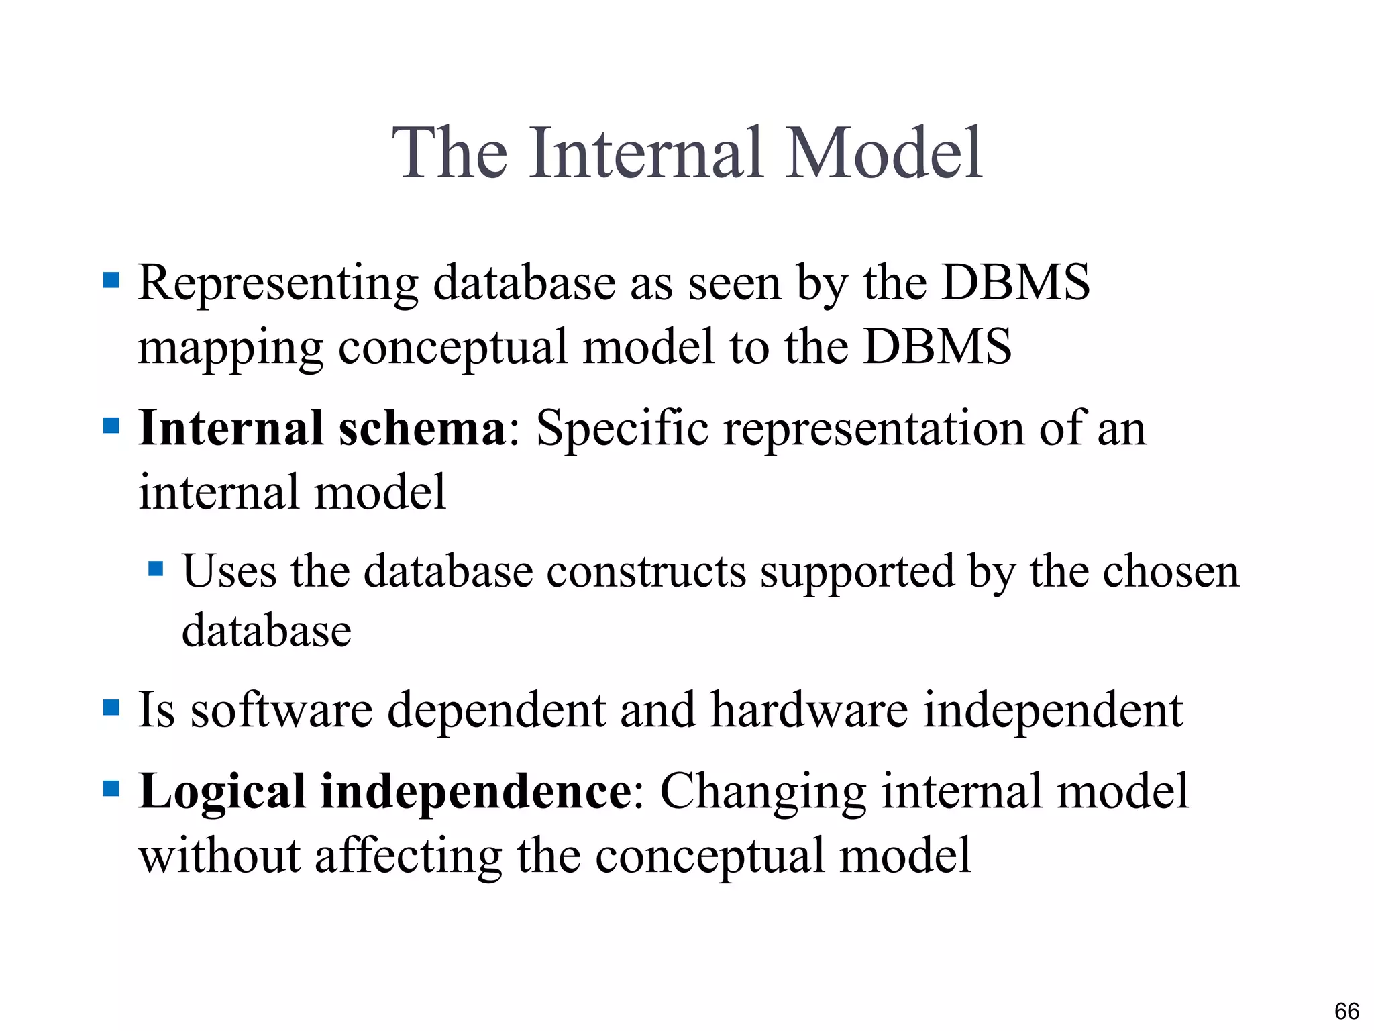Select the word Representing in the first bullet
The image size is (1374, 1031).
point(278,285)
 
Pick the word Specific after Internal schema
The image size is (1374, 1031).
point(622,428)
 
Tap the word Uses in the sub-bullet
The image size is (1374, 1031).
point(229,572)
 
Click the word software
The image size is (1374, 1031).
point(282,710)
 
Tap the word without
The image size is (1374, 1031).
point(219,856)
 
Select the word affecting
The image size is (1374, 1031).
point(408,857)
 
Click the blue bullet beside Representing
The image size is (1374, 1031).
point(111,279)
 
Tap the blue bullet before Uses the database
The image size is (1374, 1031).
point(156,569)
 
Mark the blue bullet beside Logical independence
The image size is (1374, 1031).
point(111,788)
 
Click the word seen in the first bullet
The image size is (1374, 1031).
point(735,283)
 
